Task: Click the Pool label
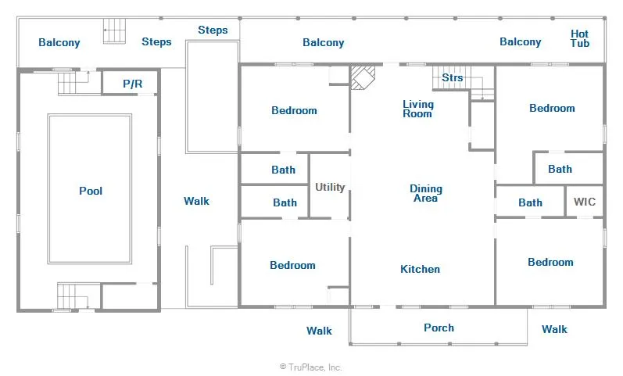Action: (x=91, y=191)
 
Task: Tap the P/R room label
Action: (x=132, y=84)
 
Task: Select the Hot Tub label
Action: (x=580, y=38)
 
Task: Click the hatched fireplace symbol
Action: (x=363, y=77)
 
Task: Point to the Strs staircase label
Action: (x=453, y=77)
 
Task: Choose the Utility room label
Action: (x=330, y=187)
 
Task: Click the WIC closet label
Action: (x=585, y=202)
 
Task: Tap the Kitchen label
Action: (x=420, y=269)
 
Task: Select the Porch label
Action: (x=439, y=328)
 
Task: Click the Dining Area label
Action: (x=426, y=193)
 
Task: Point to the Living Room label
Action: (x=418, y=109)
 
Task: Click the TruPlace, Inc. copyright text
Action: (x=310, y=367)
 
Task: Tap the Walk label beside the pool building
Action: (x=196, y=201)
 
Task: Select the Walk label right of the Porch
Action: (x=554, y=329)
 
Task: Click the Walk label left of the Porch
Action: (x=319, y=331)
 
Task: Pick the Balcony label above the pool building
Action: (x=59, y=42)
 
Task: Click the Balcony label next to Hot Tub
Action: (x=520, y=41)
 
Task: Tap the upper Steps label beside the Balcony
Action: (x=213, y=30)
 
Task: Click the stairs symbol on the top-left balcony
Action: (x=114, y=31)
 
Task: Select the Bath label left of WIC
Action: (x=530, y=202)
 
